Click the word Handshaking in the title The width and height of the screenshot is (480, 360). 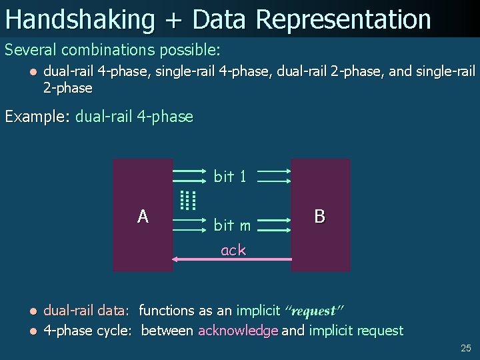tap(79, 19)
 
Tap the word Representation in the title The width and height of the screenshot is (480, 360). tap(343, 19)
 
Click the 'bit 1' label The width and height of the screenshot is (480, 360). tap(230, 177)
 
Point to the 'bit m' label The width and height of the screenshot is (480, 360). tap(232, 225)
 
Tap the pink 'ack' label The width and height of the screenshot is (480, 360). tap(233, 250)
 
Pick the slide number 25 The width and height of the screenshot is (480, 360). tap(465, 348)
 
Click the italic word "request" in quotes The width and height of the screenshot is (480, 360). tap(313, 311)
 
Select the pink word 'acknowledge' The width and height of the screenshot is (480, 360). tap(238, 331)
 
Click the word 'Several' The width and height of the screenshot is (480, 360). tap(31, 50)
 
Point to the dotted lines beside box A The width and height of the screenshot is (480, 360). tap(189, 199)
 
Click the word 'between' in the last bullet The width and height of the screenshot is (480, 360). tap(168, 331)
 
